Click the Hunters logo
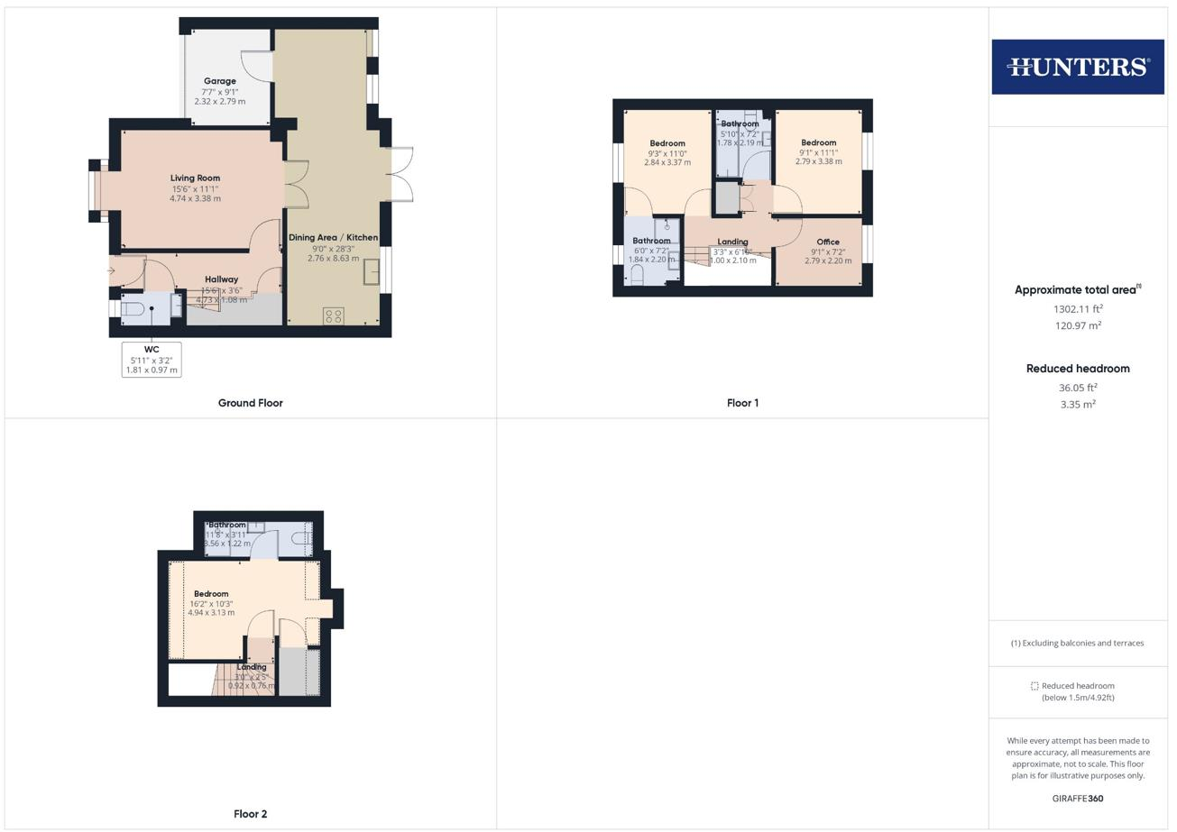coord(1078,67)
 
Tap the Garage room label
coord(219,81)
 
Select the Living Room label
coord(195,178)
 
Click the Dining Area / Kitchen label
coord(333,237)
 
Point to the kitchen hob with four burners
coord(333,315)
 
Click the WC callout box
coord(152,359)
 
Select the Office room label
coord(827,242)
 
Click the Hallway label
coord(221,279)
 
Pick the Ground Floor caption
coord(250,403)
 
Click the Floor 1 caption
coord(742,403)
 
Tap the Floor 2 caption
coord(250,814)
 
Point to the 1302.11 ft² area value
coord(1078,308)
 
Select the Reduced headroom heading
coord(1078,369)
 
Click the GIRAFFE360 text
coord(1078,799)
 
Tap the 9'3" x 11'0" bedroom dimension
coord(667,153)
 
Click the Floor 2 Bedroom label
coord(211,594)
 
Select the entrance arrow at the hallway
coord(111,270)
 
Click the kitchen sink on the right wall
coord(372,271)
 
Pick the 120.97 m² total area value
coord(1078,325)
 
